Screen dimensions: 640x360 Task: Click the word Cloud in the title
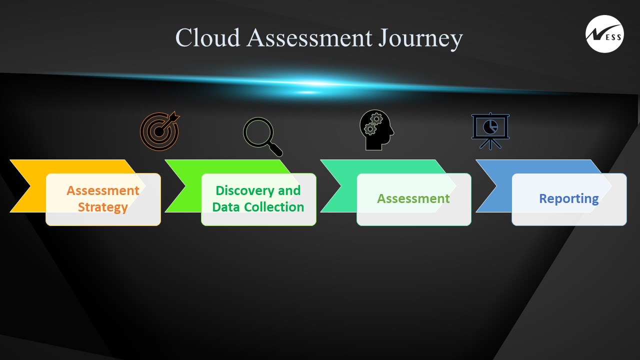207,37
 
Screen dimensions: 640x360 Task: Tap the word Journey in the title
420,39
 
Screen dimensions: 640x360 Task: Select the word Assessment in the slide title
309,37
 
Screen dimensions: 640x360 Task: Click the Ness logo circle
604,34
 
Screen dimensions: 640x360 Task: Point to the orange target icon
159,131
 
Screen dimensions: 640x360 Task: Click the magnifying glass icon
262,136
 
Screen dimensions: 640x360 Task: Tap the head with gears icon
376,130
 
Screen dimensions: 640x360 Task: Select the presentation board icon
490,131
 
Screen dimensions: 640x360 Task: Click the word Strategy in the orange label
103,207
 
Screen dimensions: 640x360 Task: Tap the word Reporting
569,199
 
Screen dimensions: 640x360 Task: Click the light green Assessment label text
413,198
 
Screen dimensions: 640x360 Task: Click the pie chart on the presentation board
490,127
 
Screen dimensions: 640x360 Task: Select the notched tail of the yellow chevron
30,186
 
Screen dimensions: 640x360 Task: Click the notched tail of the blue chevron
496,186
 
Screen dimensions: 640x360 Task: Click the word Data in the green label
225,207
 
